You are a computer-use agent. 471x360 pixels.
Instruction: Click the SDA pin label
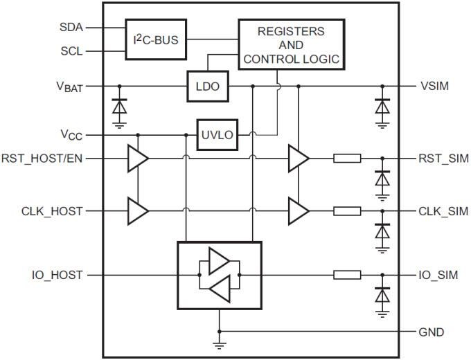(x=71, y=28)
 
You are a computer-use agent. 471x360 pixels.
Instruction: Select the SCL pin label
(x=71, y=51)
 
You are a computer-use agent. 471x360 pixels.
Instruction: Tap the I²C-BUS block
(x=156, y=39)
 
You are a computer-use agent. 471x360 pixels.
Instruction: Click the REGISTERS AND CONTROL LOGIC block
(x=290, y=45)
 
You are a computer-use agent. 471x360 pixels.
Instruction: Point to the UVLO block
(x=217, y=134)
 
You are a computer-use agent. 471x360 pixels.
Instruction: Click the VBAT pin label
(x=69, y=87)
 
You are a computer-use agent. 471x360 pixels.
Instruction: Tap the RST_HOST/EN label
(x=43, y=159)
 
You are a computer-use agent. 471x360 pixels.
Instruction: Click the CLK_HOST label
(x=53, y=210)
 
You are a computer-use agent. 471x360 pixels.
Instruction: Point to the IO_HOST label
(x=56, y=276)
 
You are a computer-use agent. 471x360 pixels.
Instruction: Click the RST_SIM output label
(x=443, y=159)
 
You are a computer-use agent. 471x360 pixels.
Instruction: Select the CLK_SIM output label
(x=443, y=210)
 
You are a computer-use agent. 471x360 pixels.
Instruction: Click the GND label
(x=431, y=332)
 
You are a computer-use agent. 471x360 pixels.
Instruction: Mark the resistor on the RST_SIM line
(x=346, y=159)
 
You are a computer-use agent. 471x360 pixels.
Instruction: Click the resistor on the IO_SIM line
(x=346, y=276)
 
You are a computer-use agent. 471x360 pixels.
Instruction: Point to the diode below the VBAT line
(x=119, y=107)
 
